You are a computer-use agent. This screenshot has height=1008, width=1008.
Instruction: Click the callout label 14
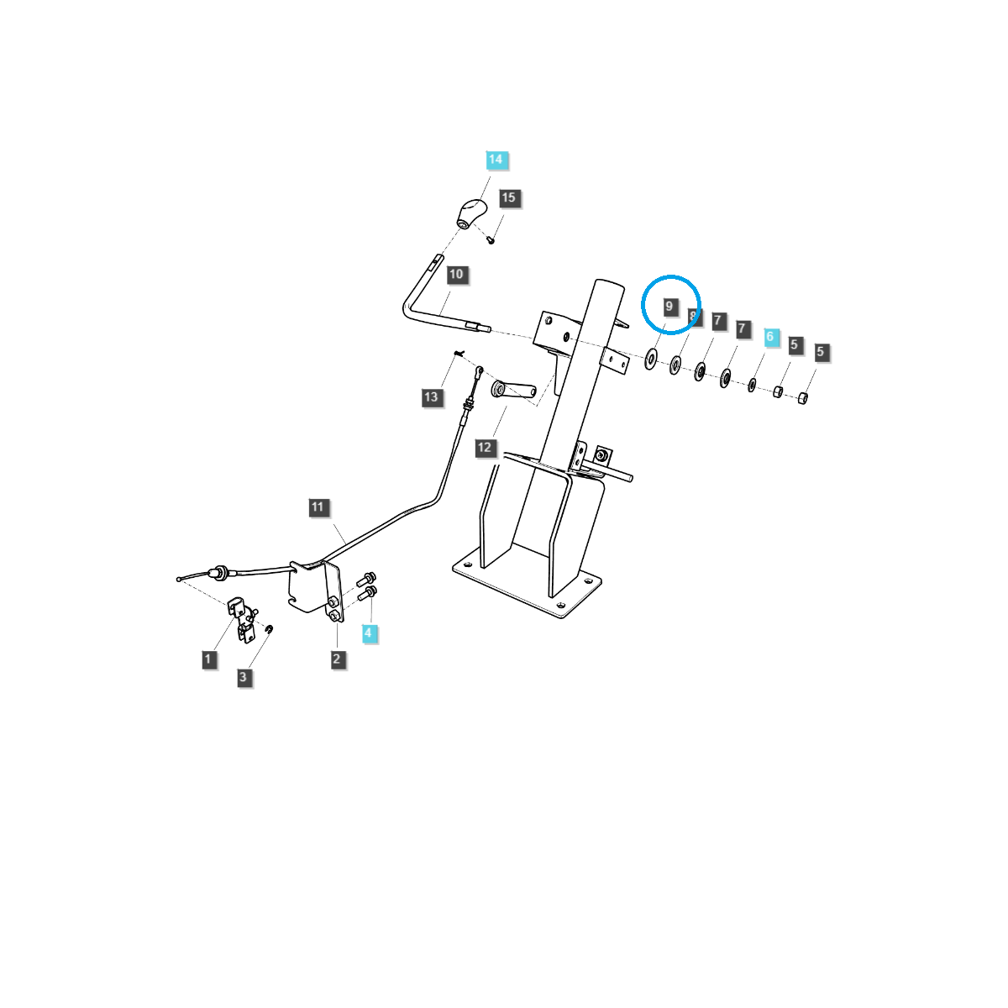point(496,160)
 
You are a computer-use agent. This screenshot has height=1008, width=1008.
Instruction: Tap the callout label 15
point(509,198)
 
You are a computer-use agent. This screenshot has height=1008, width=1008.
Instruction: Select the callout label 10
point(456,275)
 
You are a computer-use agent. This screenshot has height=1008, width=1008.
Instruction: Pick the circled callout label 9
point(669,307)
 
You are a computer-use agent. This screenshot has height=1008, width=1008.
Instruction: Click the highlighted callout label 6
point(770,338)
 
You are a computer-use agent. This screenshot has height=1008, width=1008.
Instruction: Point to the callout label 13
point(432,396)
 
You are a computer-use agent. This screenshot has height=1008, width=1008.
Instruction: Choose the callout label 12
point(485,448)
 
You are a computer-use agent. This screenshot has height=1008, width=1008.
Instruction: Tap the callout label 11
point(318,507)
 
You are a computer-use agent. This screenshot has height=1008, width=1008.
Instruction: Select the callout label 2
point(337,659)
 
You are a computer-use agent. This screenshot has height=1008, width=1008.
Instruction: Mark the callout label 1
point(208,659)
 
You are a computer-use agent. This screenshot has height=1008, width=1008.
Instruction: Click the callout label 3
point(244,677)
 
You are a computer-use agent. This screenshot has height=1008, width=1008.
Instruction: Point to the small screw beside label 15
point(492,239)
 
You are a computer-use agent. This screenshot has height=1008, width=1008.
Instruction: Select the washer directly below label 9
point(651,360)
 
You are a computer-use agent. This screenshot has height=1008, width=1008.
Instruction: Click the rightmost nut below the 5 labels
point(802,397)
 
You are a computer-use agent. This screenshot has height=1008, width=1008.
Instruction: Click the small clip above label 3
point(270,630)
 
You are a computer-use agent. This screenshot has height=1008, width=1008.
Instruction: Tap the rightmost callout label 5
point(821,352)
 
